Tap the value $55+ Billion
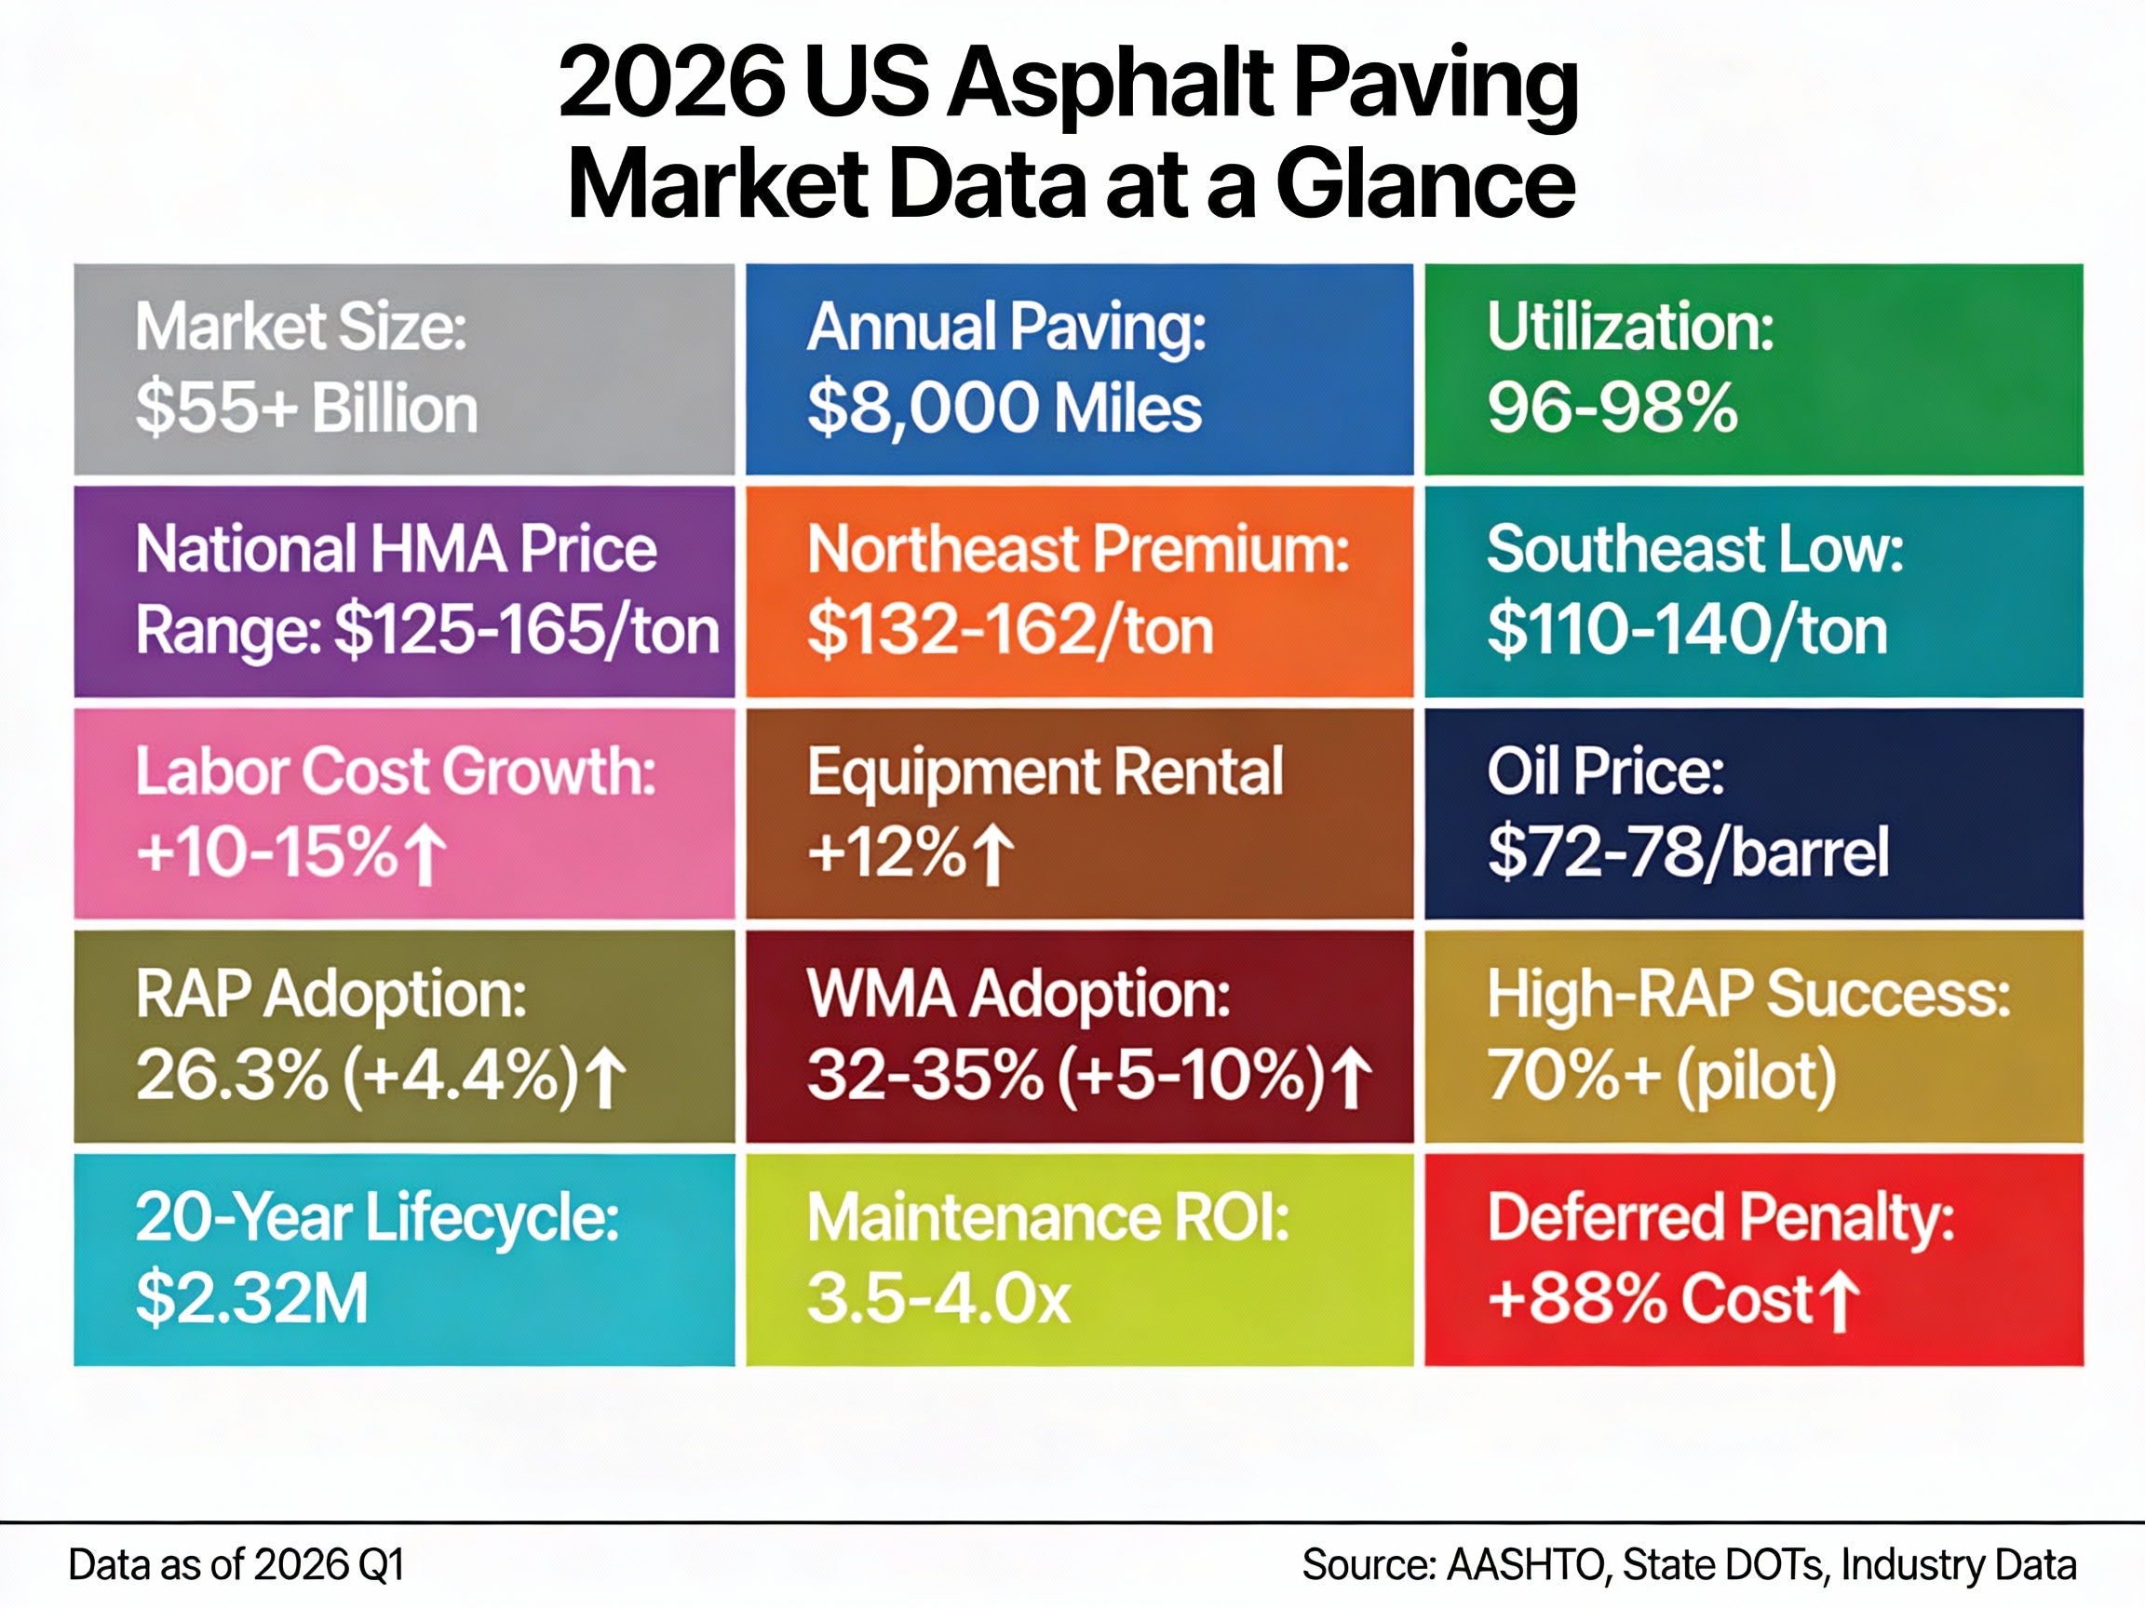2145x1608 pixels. (x=306, y=409)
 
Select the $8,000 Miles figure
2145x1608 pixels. (x=1004, y=409)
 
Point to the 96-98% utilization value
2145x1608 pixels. (x=1612, y=409)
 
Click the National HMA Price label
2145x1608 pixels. (x=396, y=550)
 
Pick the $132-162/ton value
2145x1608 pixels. (x=1009, y=631)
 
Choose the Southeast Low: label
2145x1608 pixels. (x=1695, y=550)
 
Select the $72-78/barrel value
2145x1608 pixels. (x=1688, y=853)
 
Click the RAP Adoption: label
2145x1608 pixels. (x=331, y=995)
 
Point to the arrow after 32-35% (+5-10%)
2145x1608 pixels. (x=1352, y=1079)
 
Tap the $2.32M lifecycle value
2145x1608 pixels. (x=252, y=1300)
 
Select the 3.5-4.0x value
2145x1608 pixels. (x=938, y=1300)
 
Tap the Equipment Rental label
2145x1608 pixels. (x=1045, y=772)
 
